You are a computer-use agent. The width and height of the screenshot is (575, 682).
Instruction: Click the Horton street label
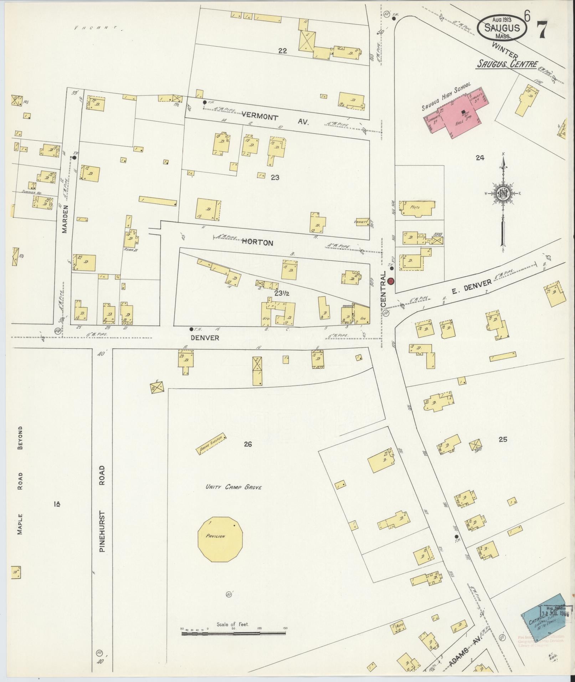pos(257,243)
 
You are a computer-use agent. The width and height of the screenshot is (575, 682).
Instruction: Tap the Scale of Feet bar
pos(233,633)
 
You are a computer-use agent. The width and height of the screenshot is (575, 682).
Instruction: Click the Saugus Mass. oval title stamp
pos(503,27)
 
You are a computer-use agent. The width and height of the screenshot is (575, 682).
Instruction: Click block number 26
pos(248,444)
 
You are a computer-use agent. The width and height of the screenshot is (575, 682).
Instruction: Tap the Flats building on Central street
pos(418,208)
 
